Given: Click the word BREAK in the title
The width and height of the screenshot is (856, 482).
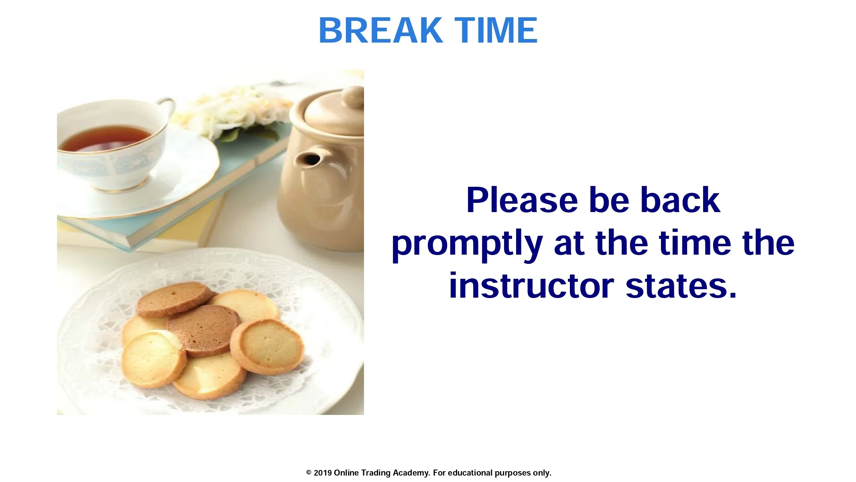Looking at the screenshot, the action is [380, 30].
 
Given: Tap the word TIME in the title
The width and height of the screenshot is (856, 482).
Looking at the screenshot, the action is [496, 30].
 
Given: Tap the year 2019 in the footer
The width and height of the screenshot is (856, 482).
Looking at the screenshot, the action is [323, 473].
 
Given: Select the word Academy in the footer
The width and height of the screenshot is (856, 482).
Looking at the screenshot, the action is [411, 473].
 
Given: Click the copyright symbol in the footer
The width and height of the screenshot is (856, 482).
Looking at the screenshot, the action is [309, 473].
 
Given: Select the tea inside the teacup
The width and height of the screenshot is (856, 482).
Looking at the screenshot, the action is [105, 138].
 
